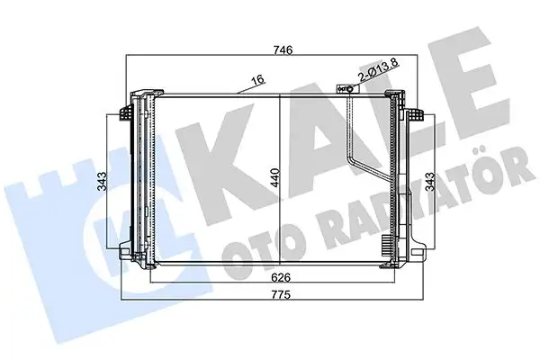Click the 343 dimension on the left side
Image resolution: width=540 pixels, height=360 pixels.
[x=104, y=181]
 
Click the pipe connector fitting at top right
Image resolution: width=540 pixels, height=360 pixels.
[x=344, y=90]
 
